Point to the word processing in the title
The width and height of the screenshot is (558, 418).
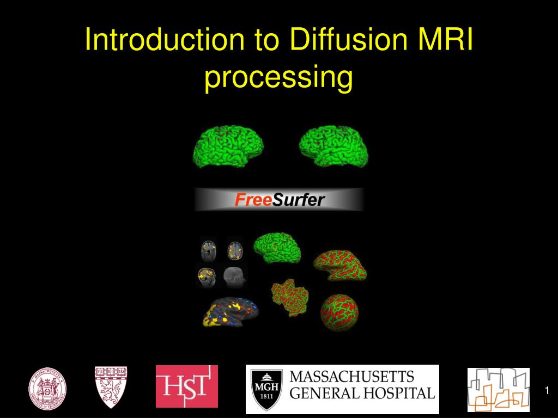pos(278,77)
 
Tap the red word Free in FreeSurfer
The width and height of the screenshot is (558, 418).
pos(253,200)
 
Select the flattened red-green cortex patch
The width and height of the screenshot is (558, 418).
pos(291,296)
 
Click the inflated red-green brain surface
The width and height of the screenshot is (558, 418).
pos(340,265)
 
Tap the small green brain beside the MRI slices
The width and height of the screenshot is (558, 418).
pos(277,247)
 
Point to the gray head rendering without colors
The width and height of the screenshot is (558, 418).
pos(235,276)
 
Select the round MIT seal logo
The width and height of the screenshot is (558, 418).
pos(48,389)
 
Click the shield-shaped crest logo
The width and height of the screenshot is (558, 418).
pos(111,387)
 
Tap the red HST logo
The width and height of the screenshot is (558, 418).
pos(187,386)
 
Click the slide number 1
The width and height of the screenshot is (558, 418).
pos(547,391)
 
